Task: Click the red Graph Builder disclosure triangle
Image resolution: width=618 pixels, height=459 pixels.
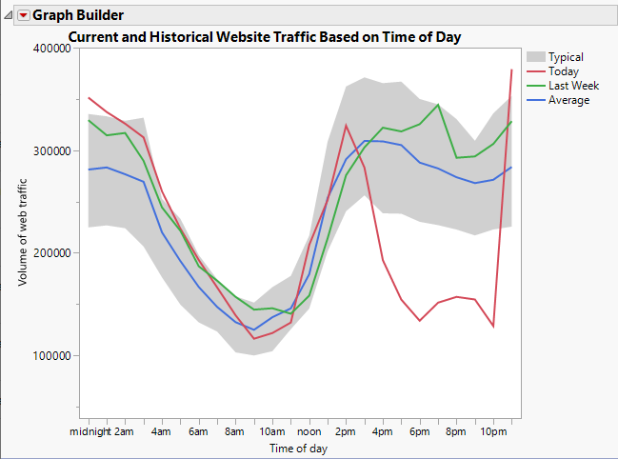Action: (x=24, y=15)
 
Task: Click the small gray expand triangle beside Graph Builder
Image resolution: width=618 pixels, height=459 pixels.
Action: (x=9, y=15)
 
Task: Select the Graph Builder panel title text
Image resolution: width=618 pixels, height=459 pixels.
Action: (x=78, y=15)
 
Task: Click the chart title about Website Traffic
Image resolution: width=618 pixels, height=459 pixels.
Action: (x=265, y=37)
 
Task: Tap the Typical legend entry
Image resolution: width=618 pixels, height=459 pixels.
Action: (x=566, y=57)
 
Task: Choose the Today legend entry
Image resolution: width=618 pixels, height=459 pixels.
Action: (x=564, y=71)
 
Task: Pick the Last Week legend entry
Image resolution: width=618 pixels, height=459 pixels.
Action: (x=572, y=86)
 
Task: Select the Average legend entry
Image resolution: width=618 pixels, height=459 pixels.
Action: (x=568, y=100)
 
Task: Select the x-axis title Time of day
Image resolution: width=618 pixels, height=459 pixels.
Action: (x=299, y=448)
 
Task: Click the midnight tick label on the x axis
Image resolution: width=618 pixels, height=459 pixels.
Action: (x=89, y=431)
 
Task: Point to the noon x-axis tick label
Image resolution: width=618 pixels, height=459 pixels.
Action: (x=309, y=431)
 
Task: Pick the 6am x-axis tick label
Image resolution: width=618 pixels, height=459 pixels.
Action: (x=199, y=431)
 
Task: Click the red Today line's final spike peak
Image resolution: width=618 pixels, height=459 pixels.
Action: (x=512, y=70)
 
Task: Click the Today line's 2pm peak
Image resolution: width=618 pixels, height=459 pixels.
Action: (x=346, y=125)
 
